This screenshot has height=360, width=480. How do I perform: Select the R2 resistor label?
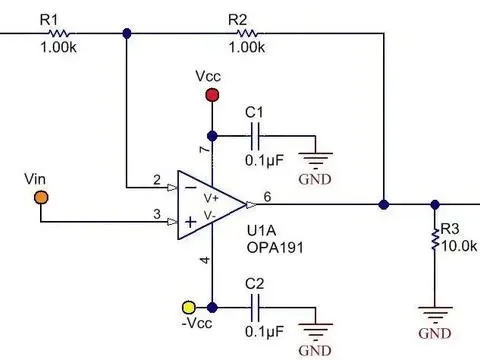[237, 19]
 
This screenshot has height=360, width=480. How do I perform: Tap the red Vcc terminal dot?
[211, 96]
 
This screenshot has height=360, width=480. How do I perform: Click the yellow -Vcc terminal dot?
[187, 306]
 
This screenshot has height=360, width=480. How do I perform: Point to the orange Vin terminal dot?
[39, 197]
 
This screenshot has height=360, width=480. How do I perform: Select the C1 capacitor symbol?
[257, 135]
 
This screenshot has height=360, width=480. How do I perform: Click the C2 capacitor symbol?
[257, 305]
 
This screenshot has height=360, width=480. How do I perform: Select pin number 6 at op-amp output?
[267, 196]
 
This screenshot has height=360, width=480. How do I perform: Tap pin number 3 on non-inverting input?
[156, 213]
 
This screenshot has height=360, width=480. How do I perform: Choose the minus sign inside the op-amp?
[189, 187]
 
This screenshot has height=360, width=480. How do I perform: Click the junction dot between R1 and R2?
[126, 33]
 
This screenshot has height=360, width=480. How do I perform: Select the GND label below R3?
[434, 332]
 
